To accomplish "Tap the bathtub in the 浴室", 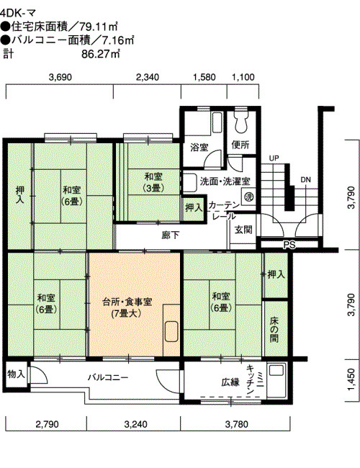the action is (217, 122).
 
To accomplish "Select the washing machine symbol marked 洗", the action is (248, 197).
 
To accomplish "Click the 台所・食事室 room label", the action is (127, 302).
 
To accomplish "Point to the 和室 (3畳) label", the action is (153, 181).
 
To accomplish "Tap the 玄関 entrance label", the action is (243, 230).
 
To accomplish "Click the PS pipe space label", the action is (289, 245).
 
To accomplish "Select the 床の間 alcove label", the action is (274, 329).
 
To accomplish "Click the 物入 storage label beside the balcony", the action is (16, 374).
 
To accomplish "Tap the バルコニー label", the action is (108, 377).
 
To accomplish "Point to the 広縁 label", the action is (230, 382).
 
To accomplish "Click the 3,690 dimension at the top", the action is (60, 77).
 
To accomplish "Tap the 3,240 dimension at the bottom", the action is (135, 424).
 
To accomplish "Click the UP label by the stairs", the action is (274, 158).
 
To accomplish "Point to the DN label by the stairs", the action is (305, 180).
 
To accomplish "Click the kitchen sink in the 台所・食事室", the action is (171, 331).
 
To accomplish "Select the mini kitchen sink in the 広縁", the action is (276, 370).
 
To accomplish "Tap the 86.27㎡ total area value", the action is (101, 54).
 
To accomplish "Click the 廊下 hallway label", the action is (171, 235).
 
